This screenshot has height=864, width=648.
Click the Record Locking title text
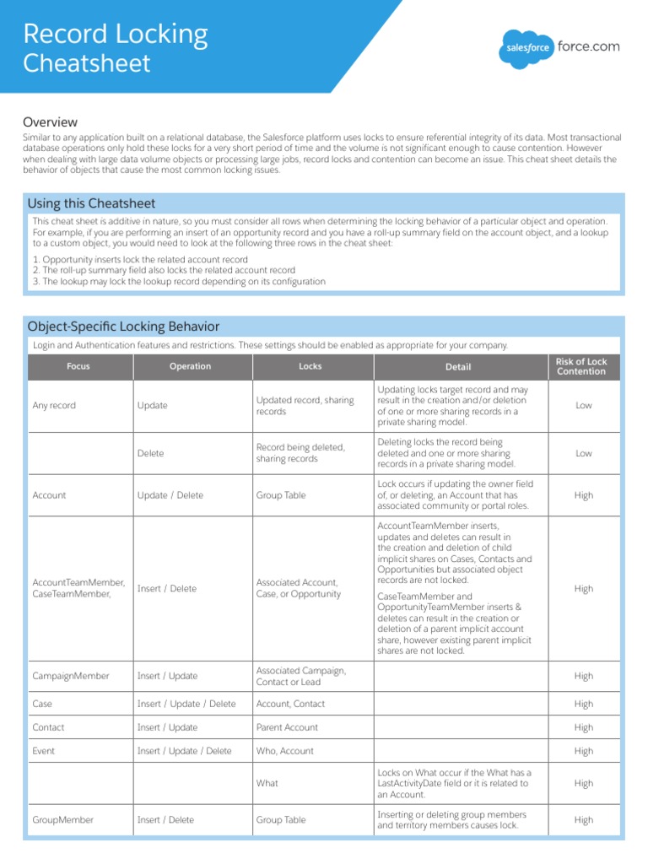pyautogui.click(x=115, y=34)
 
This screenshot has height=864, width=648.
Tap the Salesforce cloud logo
pyautogui.click(x=526, y=48)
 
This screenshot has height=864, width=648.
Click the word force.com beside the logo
pyautogui.click(x=588, y=46)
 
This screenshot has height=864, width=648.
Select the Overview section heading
pyautogui.click(x=50, y=122)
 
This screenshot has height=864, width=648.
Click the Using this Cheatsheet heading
pyautogui.click(x=91, y=203)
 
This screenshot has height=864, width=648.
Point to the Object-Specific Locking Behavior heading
pyautogui.click(x=123, y=327)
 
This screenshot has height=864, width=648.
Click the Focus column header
pyautogui.click(x=78, y=367)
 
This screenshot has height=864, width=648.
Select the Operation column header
pyautogui.click(x=190, y=367)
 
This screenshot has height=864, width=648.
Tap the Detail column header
pyautogui.click(x=458, y=367)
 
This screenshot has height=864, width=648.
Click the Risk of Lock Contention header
pyautogui.click(x=581, y=367)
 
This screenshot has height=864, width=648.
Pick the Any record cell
pyautogui.click(x=54, y=406)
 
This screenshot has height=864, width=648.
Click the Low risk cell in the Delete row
pyautogui.click(x=583, y=454)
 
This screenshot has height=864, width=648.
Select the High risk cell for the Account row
pyautogui.click(x=583, y=496)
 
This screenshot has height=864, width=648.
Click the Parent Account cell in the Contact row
pyautogui.click(x=287, y=727)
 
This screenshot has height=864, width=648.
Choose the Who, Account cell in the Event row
pyautogui.click(x=284, y=751)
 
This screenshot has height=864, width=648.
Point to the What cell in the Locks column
pyautogui.click(x=267, y=783)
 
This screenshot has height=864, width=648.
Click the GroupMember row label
pyautogui.click(x=62, y=820)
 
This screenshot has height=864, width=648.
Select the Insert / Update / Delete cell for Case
pyautogui.click(x=186, y=704)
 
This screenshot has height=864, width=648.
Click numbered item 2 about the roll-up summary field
pyautogui.click(x=164, y=270)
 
